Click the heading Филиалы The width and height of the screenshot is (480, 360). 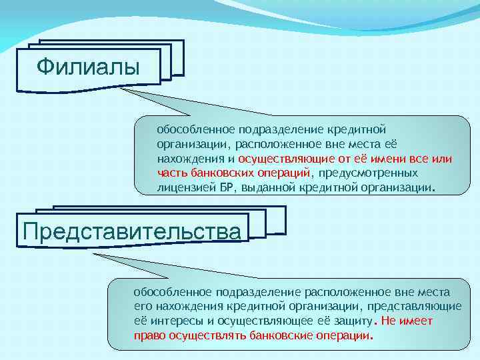tap(88, 67)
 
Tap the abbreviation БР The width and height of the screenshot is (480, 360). tap(227, 188)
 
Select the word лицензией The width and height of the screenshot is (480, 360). tap(187, 188)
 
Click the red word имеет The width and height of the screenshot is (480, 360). tap(417, 321)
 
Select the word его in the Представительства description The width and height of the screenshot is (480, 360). tap(143, 306)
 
